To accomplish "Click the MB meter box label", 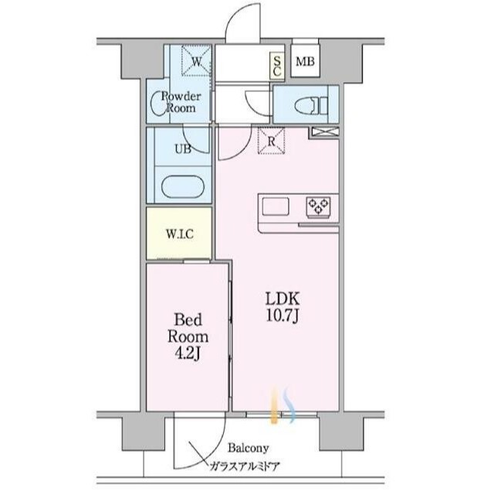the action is tap(305, 62).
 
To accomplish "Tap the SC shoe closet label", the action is tap(277, 67).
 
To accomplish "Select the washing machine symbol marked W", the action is tap(196, 60).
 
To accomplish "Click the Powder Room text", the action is tap(181, 102).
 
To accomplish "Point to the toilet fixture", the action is tap(311, 105).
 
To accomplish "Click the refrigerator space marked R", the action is tap(271, 141).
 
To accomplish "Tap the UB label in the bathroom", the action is tap(183, 148).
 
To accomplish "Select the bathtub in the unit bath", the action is tap(183, 187).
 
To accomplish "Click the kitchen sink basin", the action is tap(276, 207).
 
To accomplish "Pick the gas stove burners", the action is tap(319, 207).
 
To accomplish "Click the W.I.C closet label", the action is tap(180, 234).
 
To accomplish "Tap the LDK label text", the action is tap(283, 299).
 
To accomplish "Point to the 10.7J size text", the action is tap(283, 316).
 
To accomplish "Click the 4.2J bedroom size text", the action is tap(188, 353).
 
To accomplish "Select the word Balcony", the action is tap(249, 449).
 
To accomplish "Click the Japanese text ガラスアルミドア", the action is tap(245, 466).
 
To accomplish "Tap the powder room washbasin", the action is tap(157, 103).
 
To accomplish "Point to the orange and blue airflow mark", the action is tap(283, 405).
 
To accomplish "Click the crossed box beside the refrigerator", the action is tap(326, 132).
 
